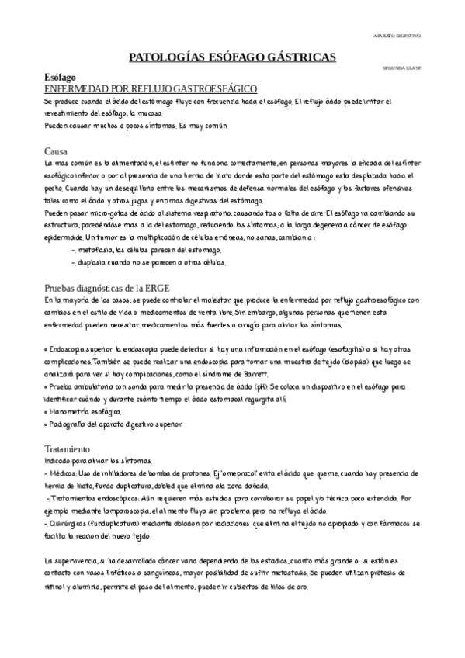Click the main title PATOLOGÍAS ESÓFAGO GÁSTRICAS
pyautogui.click(x=232, y=57)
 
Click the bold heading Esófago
pyautogui.click(x=59, y=79)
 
